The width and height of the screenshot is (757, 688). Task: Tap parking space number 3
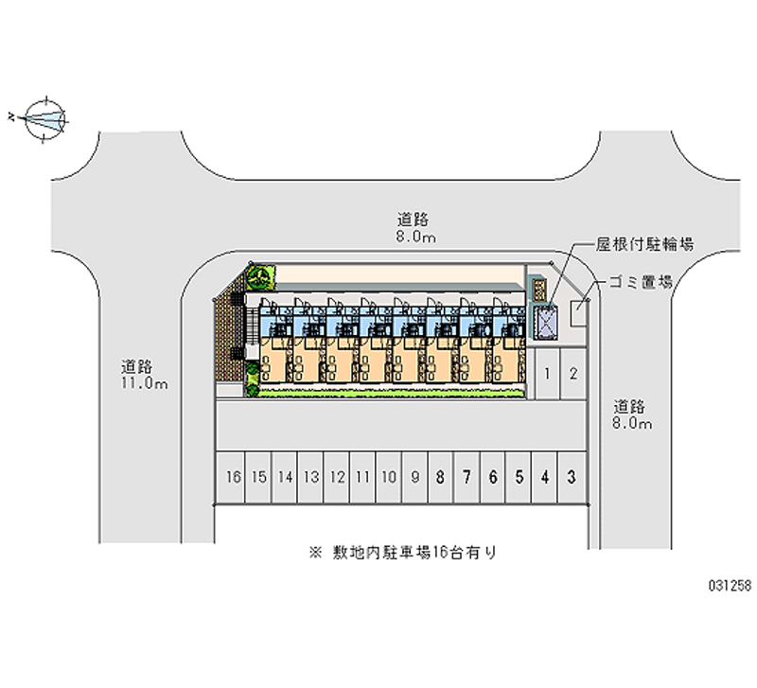571,477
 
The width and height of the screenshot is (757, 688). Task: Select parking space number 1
549,373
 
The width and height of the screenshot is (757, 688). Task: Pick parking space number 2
573,373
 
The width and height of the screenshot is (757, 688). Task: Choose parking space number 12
336,477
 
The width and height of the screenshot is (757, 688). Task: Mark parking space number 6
492,477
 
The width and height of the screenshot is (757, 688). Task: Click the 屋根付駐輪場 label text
644,244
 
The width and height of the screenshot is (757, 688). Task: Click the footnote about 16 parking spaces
402,552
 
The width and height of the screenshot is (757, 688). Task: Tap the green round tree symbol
257,277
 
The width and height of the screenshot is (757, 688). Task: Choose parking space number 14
285,477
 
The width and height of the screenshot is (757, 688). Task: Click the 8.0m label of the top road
415,238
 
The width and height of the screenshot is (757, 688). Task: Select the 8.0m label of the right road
631,424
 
